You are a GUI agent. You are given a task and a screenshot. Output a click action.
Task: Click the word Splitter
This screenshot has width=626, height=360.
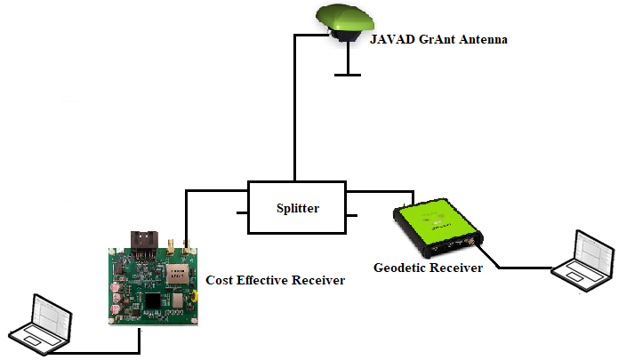pyautogui.click(x=295, y=209)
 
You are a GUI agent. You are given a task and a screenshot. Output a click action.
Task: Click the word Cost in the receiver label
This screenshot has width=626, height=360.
pyautogui.click(x=221, y=281)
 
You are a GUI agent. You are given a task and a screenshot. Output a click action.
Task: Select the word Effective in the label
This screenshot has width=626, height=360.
pyautogui.click(x=264, y=281)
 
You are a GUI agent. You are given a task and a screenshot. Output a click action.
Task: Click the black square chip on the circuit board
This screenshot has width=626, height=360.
pyautogui.click(x=155, y=301)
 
